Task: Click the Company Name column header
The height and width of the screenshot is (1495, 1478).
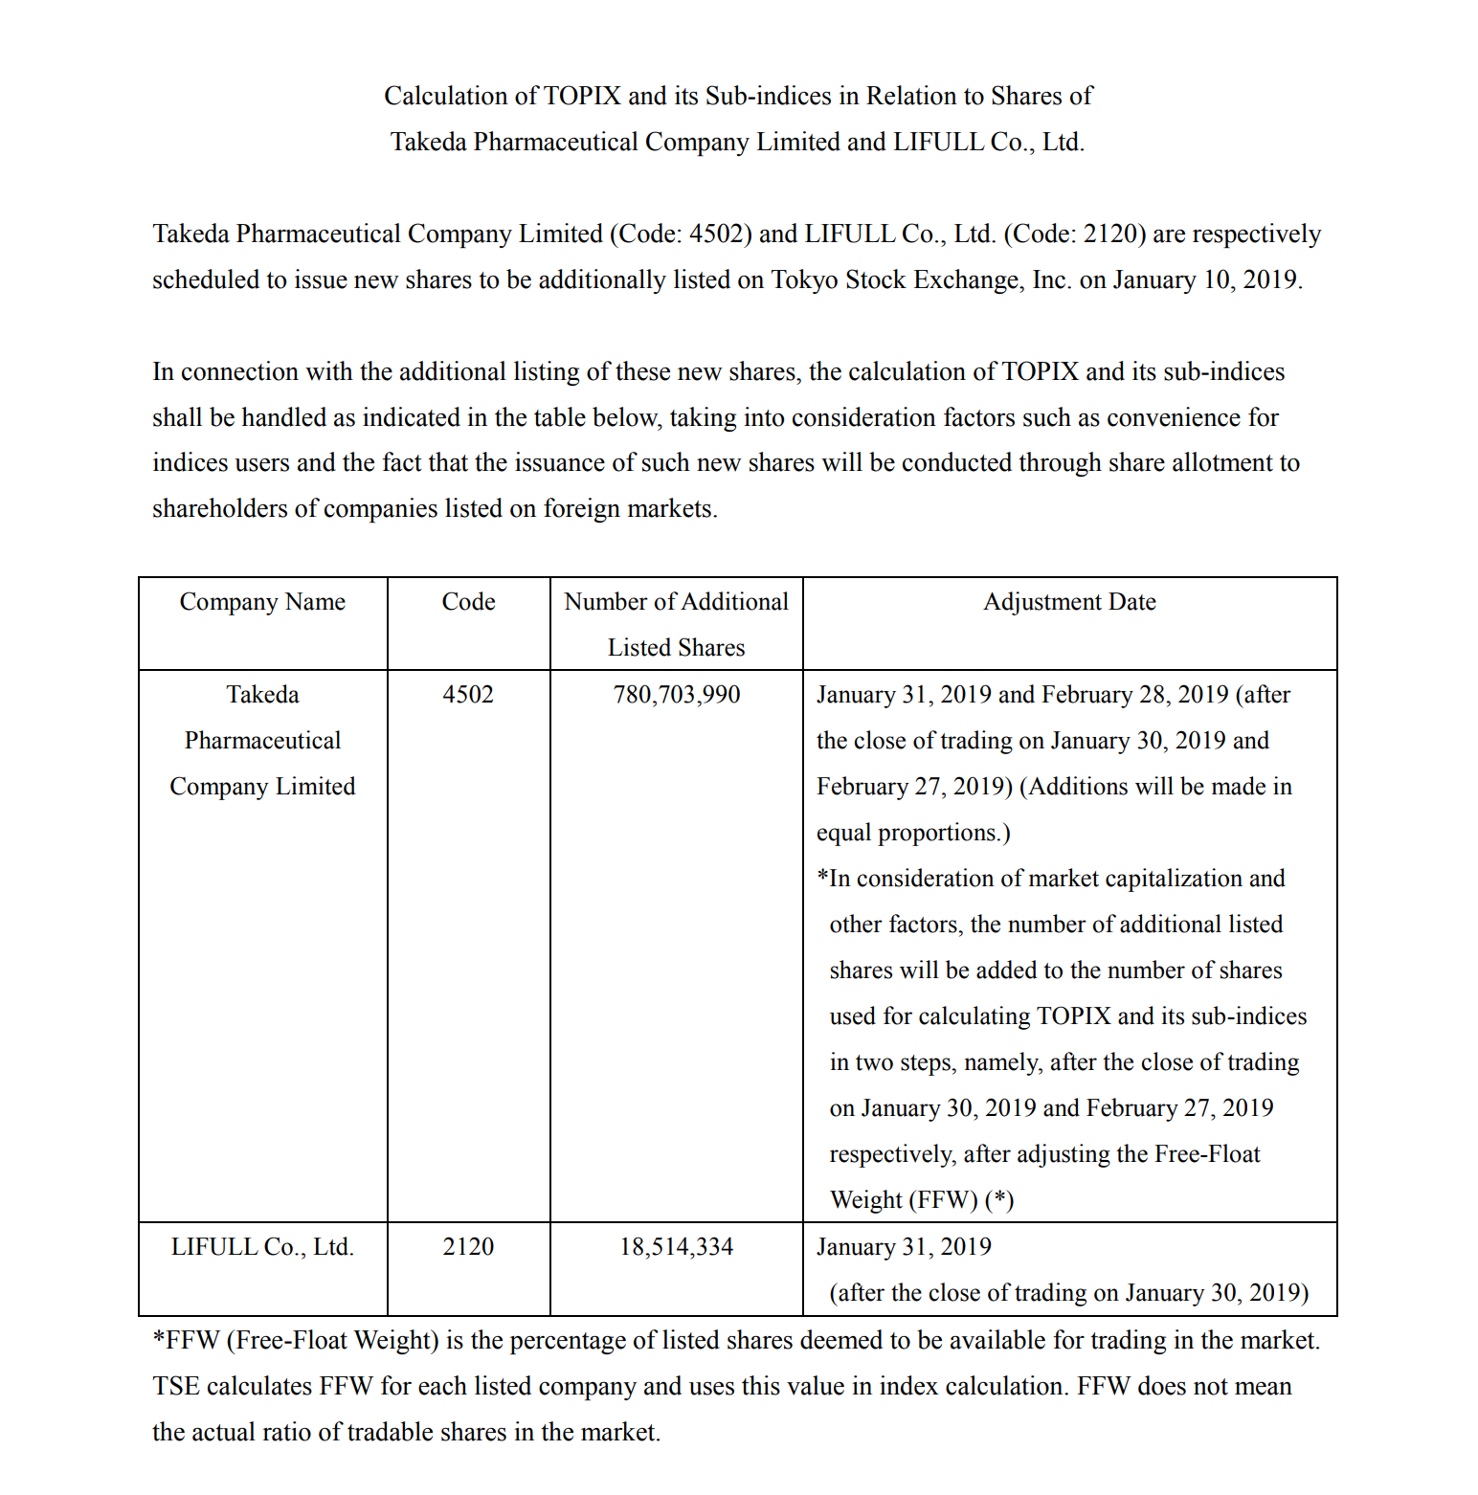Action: click(262, 602)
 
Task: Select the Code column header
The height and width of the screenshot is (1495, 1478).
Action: click(468, 602)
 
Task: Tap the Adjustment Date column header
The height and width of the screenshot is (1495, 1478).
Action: click(1069, 602)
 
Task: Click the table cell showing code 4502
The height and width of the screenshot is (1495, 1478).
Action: click(468, 695)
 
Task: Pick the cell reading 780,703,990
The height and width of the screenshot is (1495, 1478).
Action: click(676, 695)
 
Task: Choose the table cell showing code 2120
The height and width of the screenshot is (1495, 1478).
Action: click(468, 1247)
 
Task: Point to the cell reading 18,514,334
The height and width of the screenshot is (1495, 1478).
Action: click(676, 1247)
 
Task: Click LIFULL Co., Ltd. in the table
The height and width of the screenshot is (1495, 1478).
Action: click(262, 1247)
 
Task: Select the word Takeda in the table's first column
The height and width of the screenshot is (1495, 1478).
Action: click(262, 695)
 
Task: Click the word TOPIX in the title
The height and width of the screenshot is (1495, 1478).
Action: click(582, 97)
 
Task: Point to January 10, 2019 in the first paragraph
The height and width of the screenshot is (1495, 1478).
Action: click(1205, 280)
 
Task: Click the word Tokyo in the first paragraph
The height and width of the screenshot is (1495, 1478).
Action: click(807, 280)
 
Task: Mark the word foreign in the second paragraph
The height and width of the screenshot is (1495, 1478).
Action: click(581, 509)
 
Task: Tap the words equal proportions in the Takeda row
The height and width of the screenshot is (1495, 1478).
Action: click(912, 833)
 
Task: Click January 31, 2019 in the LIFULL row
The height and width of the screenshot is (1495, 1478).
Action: click(904, 1247)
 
